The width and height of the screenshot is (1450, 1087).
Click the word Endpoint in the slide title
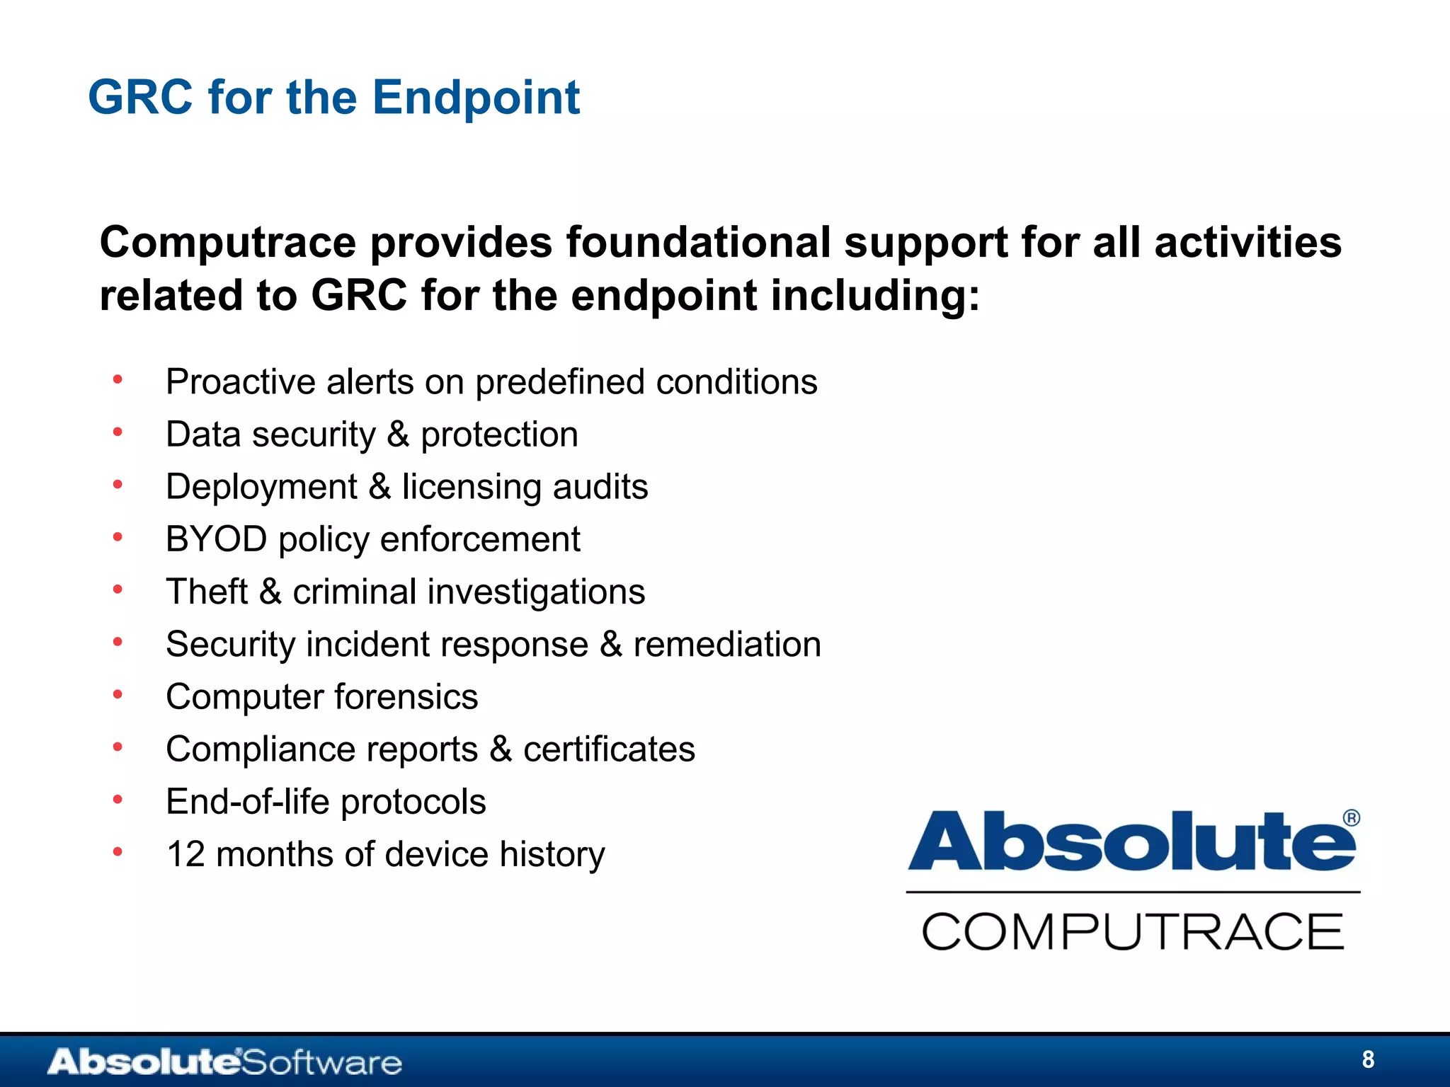point(476,98)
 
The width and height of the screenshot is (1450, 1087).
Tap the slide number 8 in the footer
point(1368,1059)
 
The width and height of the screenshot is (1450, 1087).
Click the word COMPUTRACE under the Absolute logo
point(1132,931)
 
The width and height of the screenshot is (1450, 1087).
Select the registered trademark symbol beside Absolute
point(1351,818)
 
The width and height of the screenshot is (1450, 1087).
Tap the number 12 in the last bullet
point(185,854)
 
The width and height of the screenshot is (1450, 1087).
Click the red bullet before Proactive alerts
point(118,380)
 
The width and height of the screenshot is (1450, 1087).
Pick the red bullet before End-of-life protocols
point(118,800)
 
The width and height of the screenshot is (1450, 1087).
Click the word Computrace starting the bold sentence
point(228,243)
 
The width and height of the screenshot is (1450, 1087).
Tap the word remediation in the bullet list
point(727,645)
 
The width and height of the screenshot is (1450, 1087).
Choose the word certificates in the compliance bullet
point(609,749)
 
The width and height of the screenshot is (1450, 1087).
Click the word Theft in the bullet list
point(207,592)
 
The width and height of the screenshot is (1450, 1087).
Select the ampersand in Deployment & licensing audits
point(379,487)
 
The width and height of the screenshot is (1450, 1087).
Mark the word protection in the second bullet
point(499,435)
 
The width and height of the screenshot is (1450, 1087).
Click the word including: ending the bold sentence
point(875,296)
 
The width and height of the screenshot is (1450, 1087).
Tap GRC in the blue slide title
point(140,98)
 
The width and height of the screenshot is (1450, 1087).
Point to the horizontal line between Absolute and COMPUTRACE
point(1133,892)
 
